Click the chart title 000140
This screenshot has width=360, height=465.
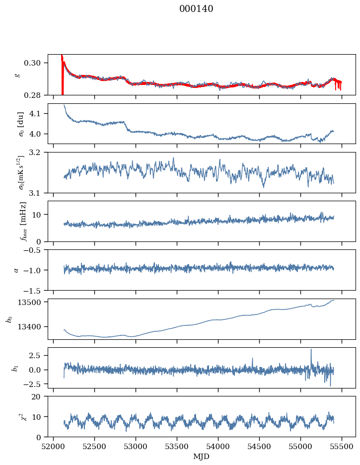tap(196, 8)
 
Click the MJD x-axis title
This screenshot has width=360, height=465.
tap(201, 456)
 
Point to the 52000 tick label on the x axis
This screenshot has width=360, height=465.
tap(53, 447)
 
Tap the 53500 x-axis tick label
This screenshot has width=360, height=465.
tap(177, 447)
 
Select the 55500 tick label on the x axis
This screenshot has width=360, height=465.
tap(342, 447)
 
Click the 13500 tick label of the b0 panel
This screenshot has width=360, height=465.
tap(29, 302)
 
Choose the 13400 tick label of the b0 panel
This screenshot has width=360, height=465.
tap(29, 327)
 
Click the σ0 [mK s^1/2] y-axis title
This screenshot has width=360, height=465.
tap(21, 172)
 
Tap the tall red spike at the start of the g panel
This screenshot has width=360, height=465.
tap(62, 75)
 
